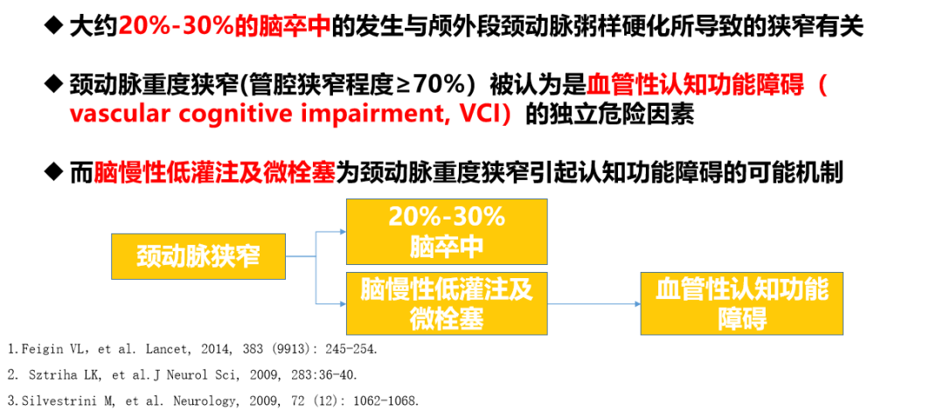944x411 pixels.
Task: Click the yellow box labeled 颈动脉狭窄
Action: click(x=198, y=256)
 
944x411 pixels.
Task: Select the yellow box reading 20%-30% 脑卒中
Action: click(x=447, y=232)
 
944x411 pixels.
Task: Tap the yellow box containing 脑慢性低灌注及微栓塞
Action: click(x=447, y=303)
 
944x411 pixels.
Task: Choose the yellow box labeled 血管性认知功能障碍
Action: click(x=741, y=303)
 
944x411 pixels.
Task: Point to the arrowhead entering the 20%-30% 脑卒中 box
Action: click(x=342, y=232)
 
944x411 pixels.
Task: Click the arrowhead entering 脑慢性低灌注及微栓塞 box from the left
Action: click(x=342, y=303)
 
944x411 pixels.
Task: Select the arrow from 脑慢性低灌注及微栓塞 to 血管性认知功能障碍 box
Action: click(x=594, y=303)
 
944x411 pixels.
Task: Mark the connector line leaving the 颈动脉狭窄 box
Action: click(x=300, y=256)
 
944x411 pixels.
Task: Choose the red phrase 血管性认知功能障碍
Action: click(x=694, y=86)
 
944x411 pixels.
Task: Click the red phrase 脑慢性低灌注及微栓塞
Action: click(x=214, y=172)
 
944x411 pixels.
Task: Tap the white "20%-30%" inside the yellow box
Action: click(x=447, y=217)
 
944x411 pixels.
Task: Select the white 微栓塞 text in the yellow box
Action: click(x=447, y=319)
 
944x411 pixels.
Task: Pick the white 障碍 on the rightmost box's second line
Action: click(x=741, y=319)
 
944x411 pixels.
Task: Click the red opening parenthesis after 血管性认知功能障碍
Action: click(x=823, y=86)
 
